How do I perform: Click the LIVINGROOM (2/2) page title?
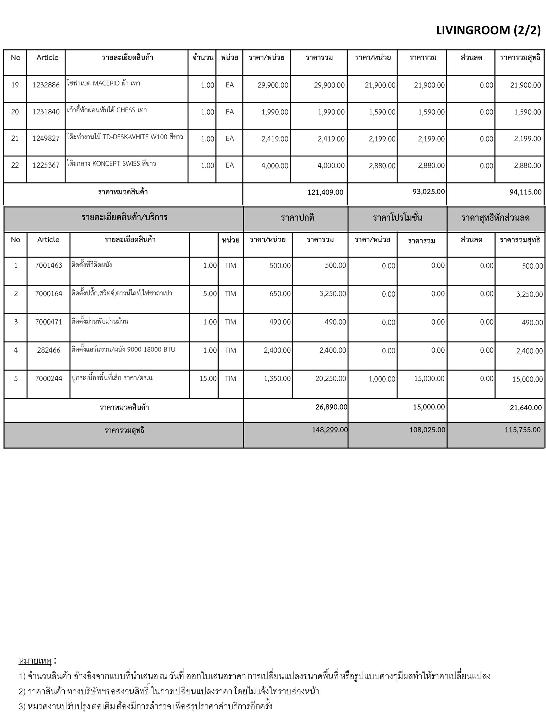click(x=488, y=31)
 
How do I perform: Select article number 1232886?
click(x=46, y=85)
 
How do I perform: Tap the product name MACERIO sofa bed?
click(x=103, y=84)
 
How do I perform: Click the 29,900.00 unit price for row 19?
click(x=273, y=85)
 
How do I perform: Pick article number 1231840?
click(x=46, y=112)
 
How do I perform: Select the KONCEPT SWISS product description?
click(x=111, y=164)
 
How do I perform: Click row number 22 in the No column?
click(x=15, y=165)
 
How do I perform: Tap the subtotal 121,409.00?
click(x=325, y=192)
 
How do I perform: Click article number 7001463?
click(x=49, y=265)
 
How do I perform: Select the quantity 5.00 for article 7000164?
click(x=210, y=294)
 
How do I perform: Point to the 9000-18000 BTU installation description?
click(x=123, y=349)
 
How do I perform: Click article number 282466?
click(x=49, y=350)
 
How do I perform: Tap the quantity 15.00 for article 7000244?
click(x=208, y=379)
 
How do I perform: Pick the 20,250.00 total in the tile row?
click(x=331, y=379)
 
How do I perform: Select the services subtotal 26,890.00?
click(x=331, y=407)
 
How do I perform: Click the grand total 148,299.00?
click(x=330, y=430)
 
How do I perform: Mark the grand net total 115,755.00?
click(x=523, y=430)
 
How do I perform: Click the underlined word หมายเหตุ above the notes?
click(x=35, y=661)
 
